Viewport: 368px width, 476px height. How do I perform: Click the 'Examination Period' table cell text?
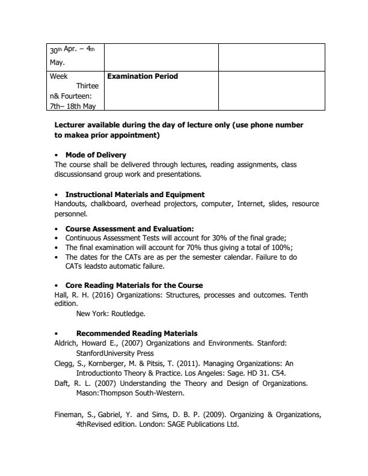pos(143,76)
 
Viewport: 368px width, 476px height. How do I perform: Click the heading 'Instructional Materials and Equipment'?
pos(135,195)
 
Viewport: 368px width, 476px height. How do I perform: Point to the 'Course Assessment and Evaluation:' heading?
pos(129,229)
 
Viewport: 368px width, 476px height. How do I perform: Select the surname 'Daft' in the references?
pos(62,383)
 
